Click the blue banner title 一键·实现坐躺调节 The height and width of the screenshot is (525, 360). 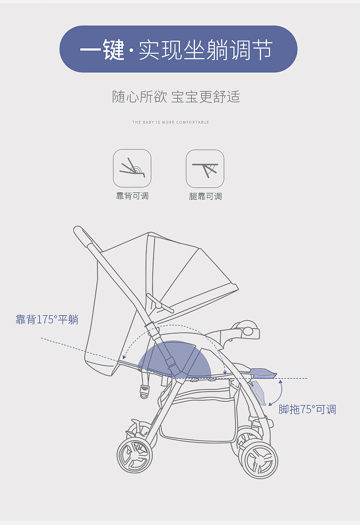click(178, 49)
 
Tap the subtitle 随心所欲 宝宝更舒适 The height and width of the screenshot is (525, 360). click(176, 97)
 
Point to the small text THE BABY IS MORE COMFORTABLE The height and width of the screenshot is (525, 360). click(170, 122)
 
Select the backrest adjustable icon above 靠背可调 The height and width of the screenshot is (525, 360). click(132, 168)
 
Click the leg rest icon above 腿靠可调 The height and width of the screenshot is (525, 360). click(205, 169)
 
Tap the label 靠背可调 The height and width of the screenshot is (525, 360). click(132, 196)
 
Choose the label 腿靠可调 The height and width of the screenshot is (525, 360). click(205, 196)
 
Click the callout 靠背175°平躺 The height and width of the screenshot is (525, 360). click(47, 319)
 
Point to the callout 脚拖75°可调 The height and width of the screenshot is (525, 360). click(307, 409)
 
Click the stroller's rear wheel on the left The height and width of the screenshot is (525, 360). click(134, 456)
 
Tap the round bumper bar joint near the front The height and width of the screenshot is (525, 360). click(248, 330)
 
